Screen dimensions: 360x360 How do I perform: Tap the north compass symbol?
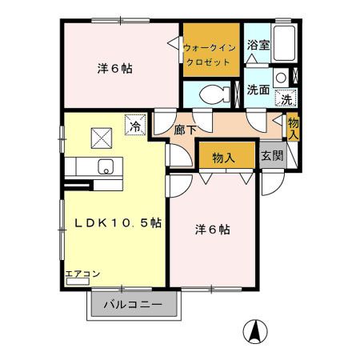[254, 330]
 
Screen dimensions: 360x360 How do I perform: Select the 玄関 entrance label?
[272, 156]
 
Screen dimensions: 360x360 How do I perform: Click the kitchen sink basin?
[105, 167]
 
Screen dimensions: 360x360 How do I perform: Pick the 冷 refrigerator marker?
[135, 126]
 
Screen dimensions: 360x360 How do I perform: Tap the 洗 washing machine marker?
[285, 100]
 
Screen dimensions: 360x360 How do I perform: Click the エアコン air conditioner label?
[82, 274]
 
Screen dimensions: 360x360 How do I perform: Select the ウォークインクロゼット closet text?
[210, 54]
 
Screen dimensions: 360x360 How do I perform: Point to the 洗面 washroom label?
[258, 90]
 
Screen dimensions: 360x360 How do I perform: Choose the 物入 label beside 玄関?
[223, 157]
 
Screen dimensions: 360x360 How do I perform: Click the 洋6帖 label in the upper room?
[115, 69]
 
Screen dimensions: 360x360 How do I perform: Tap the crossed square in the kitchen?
[102, 138]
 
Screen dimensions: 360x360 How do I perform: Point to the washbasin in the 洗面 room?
[282, 78]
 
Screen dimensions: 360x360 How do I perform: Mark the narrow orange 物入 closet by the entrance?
[293, 128]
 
